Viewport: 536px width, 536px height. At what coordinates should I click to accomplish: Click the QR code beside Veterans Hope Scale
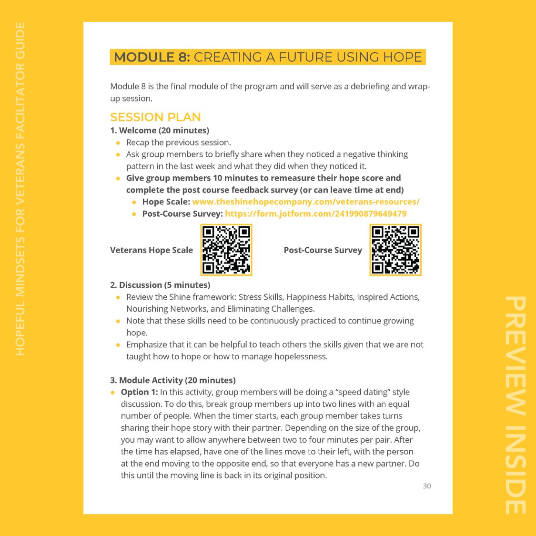[226, 250]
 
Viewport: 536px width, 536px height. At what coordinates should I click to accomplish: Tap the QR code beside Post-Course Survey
[395, 250]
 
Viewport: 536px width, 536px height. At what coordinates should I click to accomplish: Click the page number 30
[427, 486]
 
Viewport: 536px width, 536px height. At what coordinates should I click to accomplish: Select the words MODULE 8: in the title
[152, 57]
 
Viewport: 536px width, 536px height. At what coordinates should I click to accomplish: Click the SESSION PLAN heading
[155, 117]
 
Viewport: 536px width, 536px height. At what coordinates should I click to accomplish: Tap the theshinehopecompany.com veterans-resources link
[306, 202]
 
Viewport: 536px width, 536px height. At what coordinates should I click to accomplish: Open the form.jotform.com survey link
[315, 213]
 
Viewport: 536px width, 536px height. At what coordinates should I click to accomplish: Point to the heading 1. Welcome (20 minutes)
[160, 131]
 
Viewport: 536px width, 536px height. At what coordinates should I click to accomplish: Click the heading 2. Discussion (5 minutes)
[160, 285]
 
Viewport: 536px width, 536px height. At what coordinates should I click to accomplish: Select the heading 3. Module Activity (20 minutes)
[173, 380]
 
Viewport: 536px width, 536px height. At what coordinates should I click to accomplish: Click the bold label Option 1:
[139, 392]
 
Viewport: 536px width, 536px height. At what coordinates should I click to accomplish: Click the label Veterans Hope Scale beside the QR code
[152, 250]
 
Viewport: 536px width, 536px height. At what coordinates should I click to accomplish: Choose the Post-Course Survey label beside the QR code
[323, 250]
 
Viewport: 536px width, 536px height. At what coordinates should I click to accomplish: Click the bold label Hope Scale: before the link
[166, 202]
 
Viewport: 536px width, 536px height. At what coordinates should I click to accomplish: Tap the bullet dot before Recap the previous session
[118, 142]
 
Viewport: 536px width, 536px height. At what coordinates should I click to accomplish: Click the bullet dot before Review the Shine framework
[118, 297]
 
